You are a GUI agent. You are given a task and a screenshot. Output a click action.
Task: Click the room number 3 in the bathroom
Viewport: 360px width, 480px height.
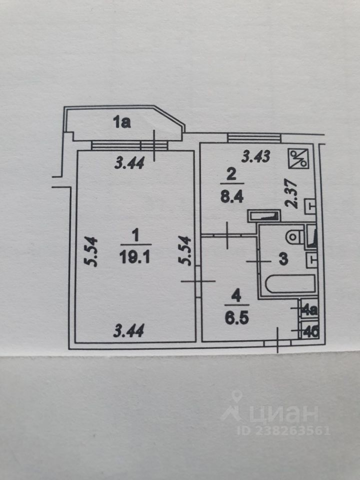click(282, 259)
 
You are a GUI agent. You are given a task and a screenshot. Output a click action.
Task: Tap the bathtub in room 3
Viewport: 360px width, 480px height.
click(290, 285)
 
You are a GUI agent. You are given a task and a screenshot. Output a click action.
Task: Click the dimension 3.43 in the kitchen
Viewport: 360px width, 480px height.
click(256, 156)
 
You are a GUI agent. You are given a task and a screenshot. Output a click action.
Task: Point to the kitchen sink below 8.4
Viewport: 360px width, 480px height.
click(265, 216)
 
